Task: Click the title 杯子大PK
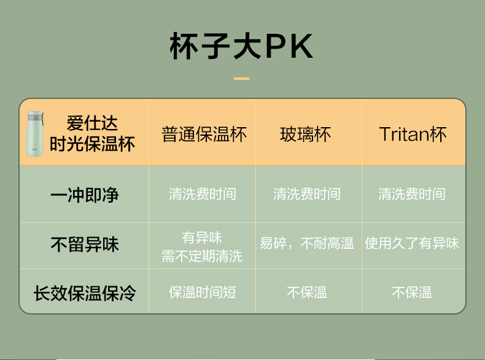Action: coord(241,46)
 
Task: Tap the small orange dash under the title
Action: coord(241,79)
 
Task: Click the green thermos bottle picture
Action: coord(34,133)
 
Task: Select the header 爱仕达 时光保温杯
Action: coord(92,133)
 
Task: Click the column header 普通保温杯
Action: coord(204,135)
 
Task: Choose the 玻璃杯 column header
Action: coord(306,135)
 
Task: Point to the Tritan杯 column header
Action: coord(413,135)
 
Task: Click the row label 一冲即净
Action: coord(85,195)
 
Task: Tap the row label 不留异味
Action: coord(85,245)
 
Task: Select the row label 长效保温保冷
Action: coord(85,293)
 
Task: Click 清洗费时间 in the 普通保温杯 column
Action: coord(203,194)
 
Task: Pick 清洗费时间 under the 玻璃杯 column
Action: coord(307,194)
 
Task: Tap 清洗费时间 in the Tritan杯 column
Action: coord(412,194)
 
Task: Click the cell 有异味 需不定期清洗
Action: coord(202,247)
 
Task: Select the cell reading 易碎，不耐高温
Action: coord(306,243)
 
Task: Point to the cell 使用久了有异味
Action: coord(412,243)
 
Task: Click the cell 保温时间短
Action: coord(203,292)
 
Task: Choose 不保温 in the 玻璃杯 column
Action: coord(307,292)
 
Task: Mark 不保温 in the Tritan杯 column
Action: coord(412,292)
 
